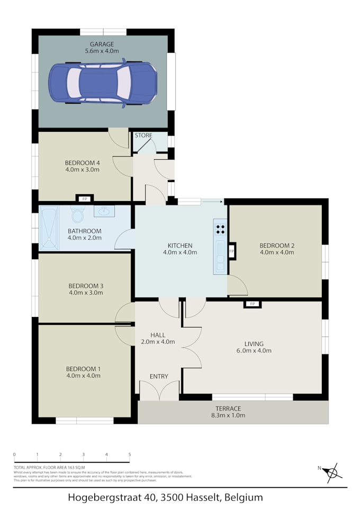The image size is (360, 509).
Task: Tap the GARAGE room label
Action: click(x=102, y=44)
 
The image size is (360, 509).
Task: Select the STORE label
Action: click(x=143, y=135)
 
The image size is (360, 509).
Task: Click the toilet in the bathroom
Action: click(x=77, y=215)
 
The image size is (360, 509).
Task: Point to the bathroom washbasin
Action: click(x=104, y=212)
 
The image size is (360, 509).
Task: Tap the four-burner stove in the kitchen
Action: click(x=220, y=229)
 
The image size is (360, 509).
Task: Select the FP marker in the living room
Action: click(x=253, y=304)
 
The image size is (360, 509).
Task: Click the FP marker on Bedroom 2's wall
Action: click(x=231, y=251)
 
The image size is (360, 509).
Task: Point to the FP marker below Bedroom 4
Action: click(x=84, y=199)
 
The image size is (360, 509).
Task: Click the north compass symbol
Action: click(x=331, y=472)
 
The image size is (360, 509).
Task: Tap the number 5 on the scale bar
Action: click(x=130, y=455)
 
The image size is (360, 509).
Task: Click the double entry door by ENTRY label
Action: click(x=159, y=390)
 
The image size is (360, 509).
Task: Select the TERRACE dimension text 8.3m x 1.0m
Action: click(x=228, y=415)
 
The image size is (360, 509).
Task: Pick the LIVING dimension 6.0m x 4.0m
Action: click(x=254, y=350)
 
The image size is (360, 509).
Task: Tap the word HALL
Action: click(x=158, y=335)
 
